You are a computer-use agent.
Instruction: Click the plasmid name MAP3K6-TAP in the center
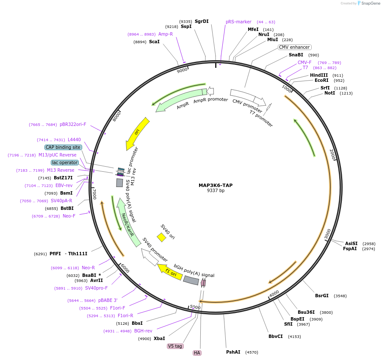point(216,185)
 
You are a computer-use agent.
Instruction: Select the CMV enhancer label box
point(294,47)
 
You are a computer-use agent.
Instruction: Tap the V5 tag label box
point(175,346)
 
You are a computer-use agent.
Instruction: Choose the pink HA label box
point(197,353)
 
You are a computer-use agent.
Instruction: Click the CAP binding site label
point(63,147)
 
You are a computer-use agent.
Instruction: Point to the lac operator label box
point(65,162)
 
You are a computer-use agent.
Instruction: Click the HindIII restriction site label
point(319,75)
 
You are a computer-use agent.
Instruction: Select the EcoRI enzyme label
point(321,80)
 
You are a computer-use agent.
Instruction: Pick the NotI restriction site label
point(329,93)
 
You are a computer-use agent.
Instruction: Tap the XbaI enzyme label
point(159,338)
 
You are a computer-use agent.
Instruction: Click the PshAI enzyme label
point(233,352)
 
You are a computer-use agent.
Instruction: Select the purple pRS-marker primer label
point(238,22)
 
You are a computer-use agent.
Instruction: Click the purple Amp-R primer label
point(166,34)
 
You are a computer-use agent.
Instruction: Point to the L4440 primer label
point(74,140)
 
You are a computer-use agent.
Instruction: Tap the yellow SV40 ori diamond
point(161,237)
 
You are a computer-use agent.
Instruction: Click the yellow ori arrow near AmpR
point(138,133)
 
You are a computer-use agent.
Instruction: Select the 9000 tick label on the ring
point(182,70)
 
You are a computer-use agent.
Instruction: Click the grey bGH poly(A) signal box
point(191,280)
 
